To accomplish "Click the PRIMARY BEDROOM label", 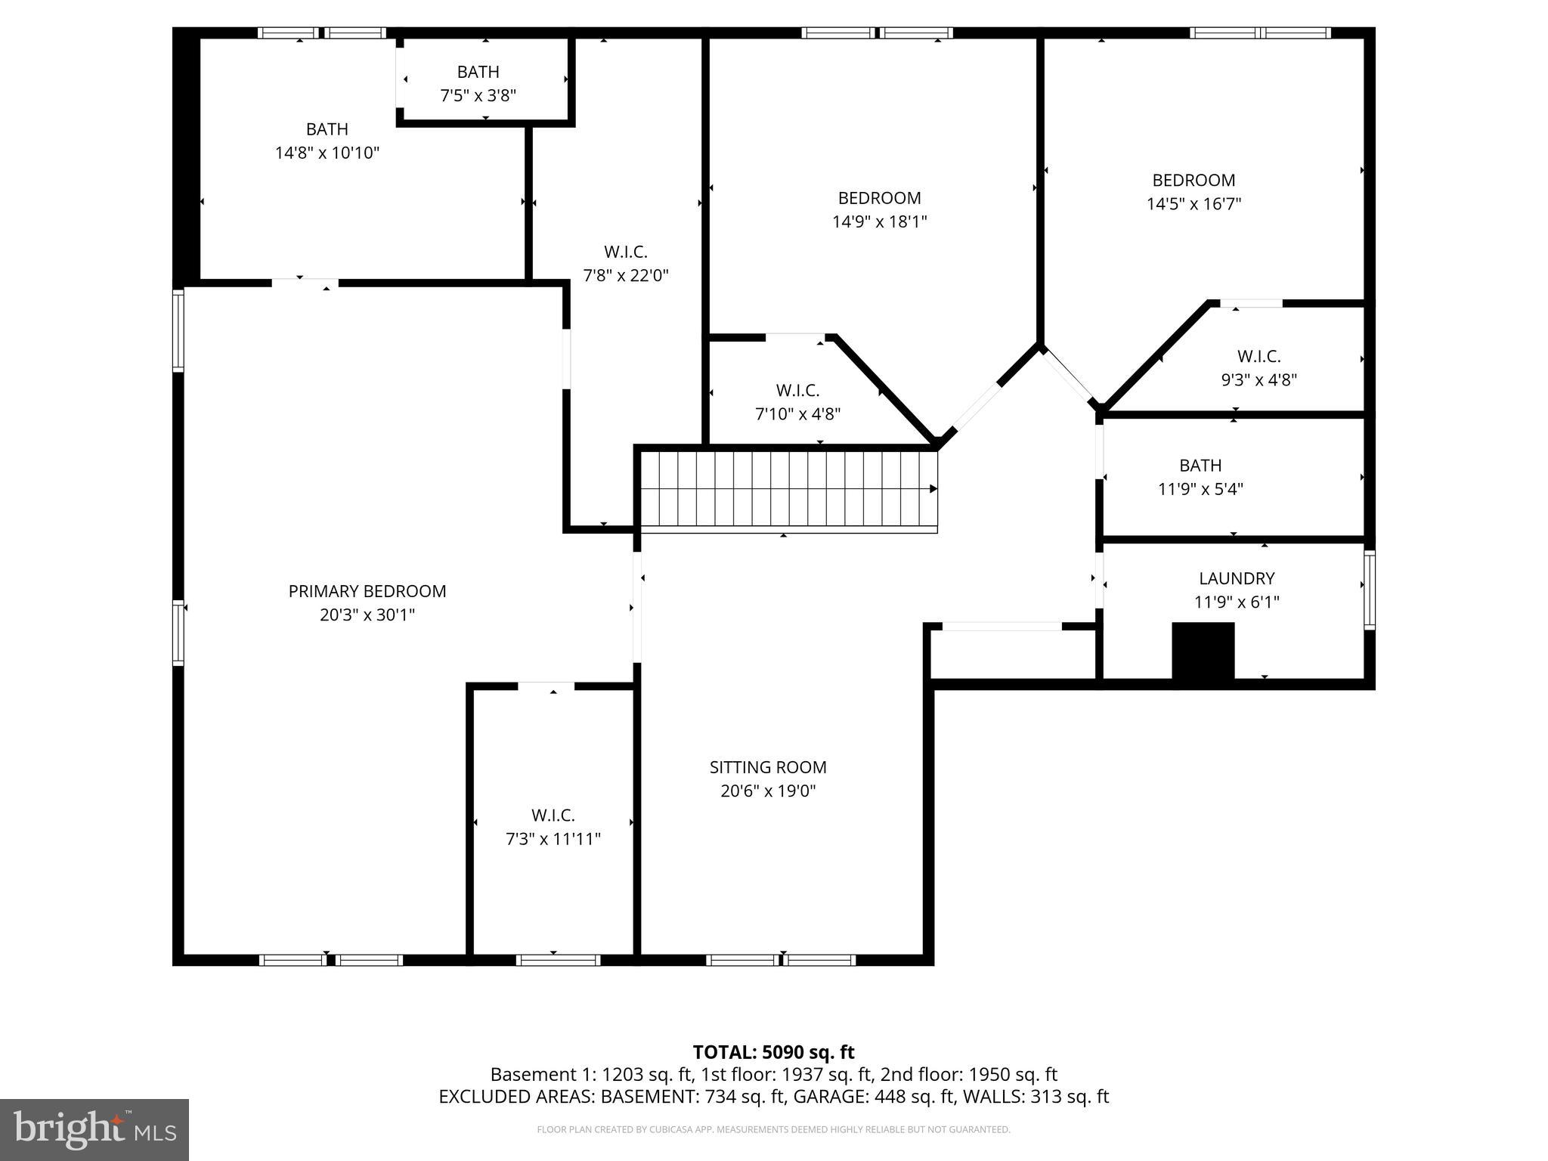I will point(367,591).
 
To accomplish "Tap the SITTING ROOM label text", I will point(768,767).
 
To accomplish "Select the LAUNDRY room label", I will point(1237,578).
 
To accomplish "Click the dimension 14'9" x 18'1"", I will point(879,221).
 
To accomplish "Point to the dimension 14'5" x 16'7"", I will point(1194,203).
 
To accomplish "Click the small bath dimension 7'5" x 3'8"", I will point(478,95).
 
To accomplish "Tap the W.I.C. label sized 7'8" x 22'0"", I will point(625,252).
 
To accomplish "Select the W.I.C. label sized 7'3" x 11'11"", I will point(553,815).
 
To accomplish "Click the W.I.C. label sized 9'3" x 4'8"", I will point(1259,356).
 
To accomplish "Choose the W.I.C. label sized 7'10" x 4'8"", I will point(797,390).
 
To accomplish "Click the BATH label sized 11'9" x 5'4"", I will point(1200,465).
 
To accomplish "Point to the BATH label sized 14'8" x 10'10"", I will point(327,129).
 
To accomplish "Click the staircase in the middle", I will point(786,489).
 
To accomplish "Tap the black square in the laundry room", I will point(1203,651).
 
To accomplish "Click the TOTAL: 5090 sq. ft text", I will point(773,1051).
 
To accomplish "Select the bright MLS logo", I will point(94,1129).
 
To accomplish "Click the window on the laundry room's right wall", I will point(1369,590).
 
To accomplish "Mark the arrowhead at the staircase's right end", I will point(933,489).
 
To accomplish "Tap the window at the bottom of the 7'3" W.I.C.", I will point(558,960).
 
